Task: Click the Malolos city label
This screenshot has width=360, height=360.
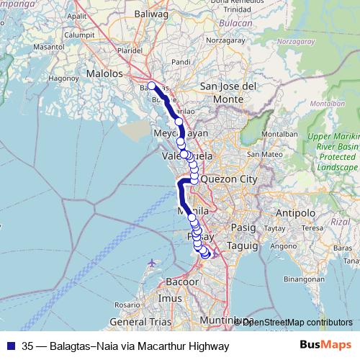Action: (x=105, y=73)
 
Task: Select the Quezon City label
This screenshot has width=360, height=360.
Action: (x=229, y=179)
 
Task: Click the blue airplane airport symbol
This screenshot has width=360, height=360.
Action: (x=150, y=263)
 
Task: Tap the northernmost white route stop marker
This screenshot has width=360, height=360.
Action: (x=152, y=85)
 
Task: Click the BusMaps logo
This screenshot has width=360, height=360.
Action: (x=323, y=346)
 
